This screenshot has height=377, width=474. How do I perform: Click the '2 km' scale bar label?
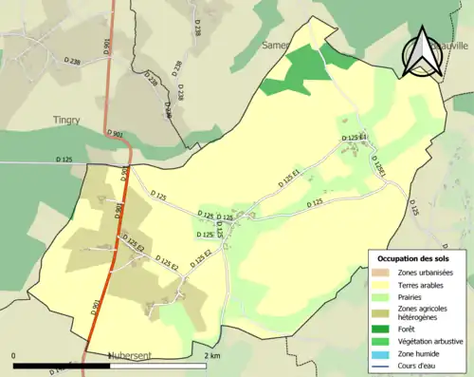[212, 356]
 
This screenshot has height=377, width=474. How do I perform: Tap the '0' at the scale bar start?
[14, 356]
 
